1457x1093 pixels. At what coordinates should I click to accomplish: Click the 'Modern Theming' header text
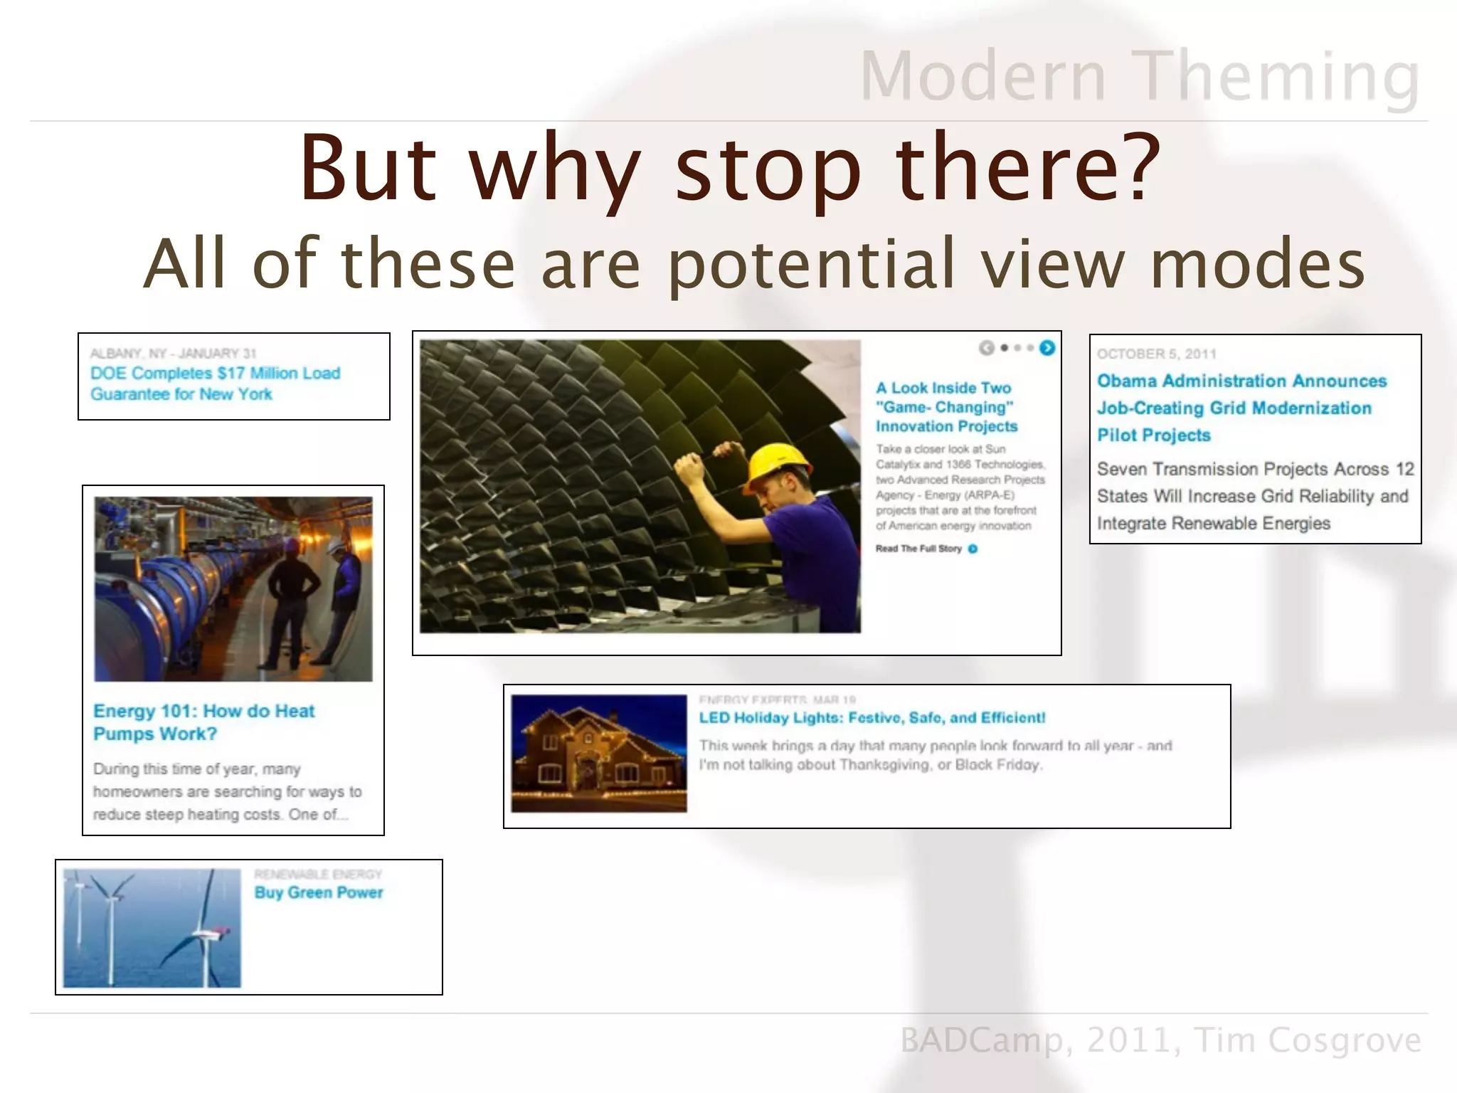(1139, 77)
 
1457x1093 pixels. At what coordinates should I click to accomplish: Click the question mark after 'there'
(1136, 167)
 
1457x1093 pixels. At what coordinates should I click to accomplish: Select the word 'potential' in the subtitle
(811, 264)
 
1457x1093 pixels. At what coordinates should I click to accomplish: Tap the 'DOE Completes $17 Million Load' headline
(215, 373)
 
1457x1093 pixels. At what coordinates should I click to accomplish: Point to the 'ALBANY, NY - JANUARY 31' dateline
(173, 353)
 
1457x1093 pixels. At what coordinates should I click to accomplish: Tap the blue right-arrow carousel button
(1047, 347)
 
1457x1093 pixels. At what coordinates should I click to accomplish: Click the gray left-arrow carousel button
(986, 347)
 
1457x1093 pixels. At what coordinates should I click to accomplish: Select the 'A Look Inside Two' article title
(943, 388)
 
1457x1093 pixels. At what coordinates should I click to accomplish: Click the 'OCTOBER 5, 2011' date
(1156, 354)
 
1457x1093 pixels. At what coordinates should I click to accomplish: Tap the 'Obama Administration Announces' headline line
(1241, 381)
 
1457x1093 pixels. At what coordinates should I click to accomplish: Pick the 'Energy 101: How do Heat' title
(203, 711)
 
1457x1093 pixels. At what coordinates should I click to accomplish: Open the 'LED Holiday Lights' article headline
(871, 717)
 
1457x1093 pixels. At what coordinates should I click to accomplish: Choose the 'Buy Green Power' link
(318, 892)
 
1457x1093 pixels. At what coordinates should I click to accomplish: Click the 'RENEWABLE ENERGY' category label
(318, 874)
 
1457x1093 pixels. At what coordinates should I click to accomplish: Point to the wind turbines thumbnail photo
(152, 927)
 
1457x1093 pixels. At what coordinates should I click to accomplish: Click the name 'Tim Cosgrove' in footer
(1307, 1040)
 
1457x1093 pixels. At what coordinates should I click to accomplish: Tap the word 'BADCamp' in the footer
(982, 1040)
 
